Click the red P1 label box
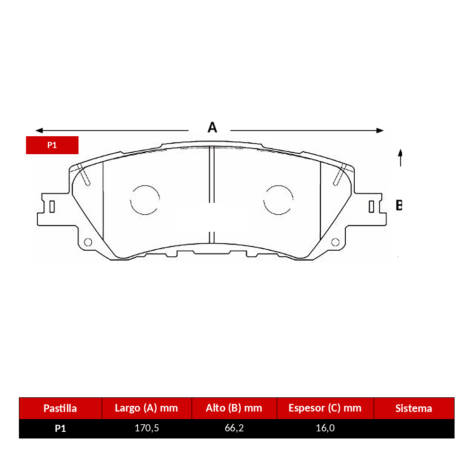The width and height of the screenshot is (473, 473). coord(52,145)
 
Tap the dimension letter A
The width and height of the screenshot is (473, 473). coord(212,127)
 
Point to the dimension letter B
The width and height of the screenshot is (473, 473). coord(399,205)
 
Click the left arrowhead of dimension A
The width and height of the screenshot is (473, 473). coord(39,131)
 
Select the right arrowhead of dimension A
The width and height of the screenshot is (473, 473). coord(380,131)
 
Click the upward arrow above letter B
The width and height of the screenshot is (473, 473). coord(400,158)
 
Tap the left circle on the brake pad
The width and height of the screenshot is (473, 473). coord(145,185)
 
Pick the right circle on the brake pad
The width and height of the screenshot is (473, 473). coord(278,185)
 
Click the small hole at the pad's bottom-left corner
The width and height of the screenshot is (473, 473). coord(88,242)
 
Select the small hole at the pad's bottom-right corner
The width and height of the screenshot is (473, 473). coord(335,242)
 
